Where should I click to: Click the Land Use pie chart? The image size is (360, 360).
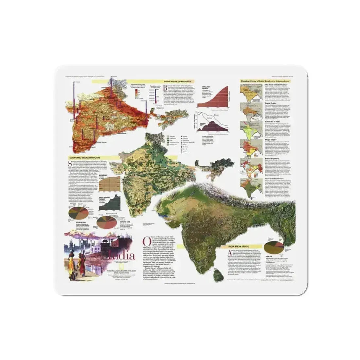273,247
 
